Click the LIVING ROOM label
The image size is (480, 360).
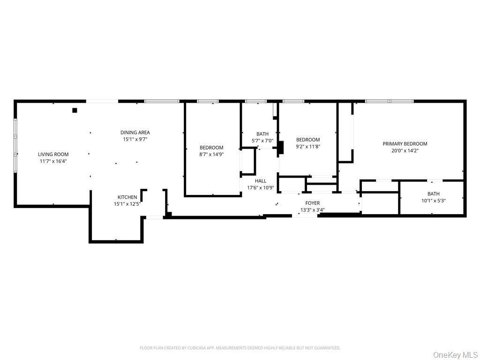(53, 154)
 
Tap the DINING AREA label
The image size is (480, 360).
(135, 133)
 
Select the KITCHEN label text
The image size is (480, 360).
(127, 197)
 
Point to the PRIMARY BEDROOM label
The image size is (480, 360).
(405, 144)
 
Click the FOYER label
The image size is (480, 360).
(312, 203)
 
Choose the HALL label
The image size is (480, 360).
(261, 181)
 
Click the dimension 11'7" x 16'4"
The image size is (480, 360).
(53, 161)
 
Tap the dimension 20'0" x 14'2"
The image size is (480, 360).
(405, 151)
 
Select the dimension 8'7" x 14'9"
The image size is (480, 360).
(211, 154)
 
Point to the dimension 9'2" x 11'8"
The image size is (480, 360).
(308, 146)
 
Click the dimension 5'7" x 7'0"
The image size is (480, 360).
(262, 141)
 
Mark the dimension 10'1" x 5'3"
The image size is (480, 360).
(433, 201)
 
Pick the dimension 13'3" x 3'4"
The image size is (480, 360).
(312, 210)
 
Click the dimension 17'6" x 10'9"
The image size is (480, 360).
(260, 188)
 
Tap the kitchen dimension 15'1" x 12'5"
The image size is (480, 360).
(127, 204)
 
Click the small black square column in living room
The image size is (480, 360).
(75, 111)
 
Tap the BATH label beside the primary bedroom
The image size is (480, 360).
(433, 194)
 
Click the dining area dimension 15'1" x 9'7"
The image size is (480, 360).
(135, 140)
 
